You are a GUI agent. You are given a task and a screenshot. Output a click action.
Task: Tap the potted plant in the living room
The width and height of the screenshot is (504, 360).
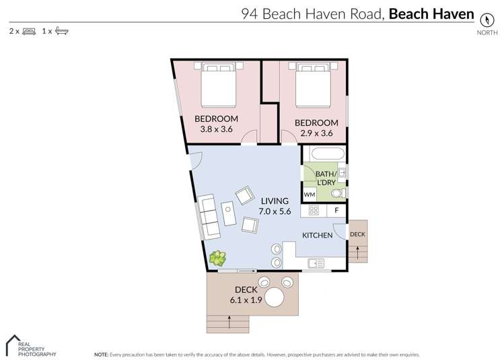(x=217, y=258)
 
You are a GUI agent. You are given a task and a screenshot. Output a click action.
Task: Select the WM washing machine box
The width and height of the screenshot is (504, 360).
(x=310, y=194)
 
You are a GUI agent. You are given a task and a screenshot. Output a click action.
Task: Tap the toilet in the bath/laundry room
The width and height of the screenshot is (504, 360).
(x=338, y=194)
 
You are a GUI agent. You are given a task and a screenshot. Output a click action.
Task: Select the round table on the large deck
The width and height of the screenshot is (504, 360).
(x=276, y=297)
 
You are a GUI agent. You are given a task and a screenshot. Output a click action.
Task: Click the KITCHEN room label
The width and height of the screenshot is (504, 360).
(x=317, y=236)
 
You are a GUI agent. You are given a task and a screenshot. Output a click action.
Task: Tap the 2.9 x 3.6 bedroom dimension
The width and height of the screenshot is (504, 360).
(x=316, y=133)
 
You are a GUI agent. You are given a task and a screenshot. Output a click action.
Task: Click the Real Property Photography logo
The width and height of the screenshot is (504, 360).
(x=30, y=344)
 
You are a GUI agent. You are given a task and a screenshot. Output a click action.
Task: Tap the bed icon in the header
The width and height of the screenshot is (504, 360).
(x=29, y=31)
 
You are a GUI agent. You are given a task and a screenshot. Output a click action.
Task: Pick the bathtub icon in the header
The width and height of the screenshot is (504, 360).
(x=61, y=31)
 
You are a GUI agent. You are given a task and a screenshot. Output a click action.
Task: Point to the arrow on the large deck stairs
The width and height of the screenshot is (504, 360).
(x=229, y=324)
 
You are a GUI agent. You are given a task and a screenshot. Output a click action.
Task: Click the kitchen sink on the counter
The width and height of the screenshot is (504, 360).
(x=316, y=262)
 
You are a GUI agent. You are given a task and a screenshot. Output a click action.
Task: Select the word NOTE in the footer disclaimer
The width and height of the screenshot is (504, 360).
(x=102, y=354)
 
